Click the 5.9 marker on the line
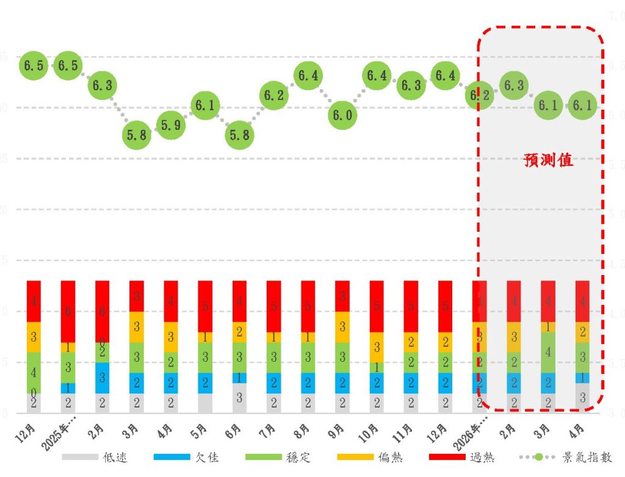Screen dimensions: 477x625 171,125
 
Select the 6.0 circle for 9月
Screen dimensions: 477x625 342,115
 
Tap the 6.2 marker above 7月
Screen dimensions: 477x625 274,95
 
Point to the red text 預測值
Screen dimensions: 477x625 549,160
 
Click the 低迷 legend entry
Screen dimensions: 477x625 115,457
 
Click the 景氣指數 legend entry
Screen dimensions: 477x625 584,457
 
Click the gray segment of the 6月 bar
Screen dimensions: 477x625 240,398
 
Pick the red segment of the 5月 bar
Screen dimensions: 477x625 206,306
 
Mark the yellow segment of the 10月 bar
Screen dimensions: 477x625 377,347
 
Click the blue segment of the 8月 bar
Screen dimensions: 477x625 308,383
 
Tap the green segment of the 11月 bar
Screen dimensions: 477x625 411,362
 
